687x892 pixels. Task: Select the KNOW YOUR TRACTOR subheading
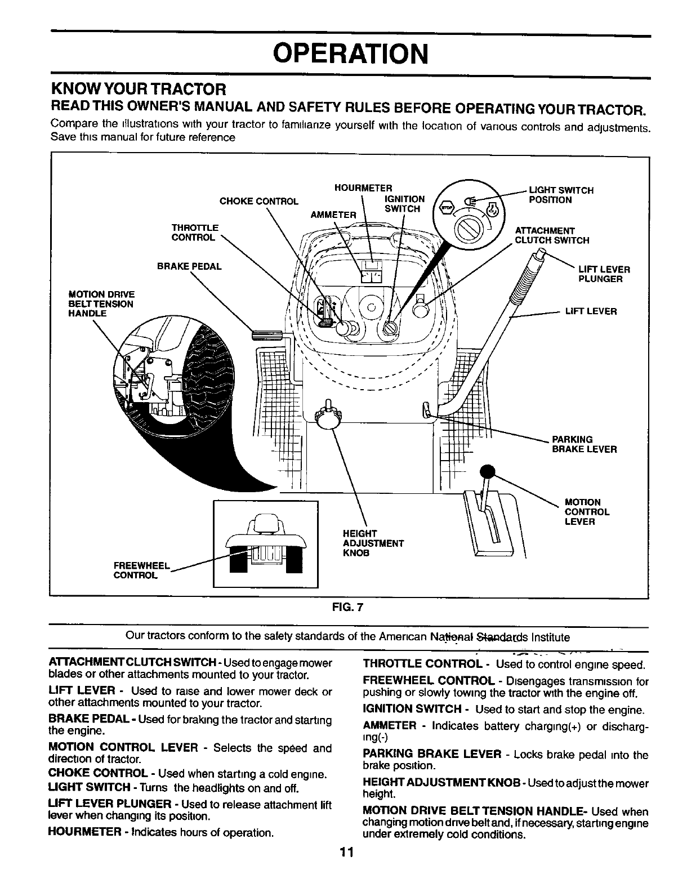[139, 89]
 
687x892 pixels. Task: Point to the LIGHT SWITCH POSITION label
[561, 195]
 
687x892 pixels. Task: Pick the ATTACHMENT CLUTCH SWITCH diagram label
[552, 235]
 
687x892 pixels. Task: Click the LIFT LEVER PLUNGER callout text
[604, 274]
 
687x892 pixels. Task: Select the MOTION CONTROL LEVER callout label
[587, 512]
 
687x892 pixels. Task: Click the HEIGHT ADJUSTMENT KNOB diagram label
[373, 543]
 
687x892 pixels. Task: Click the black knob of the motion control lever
[486, 472]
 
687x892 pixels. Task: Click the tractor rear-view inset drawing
[265, 543]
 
